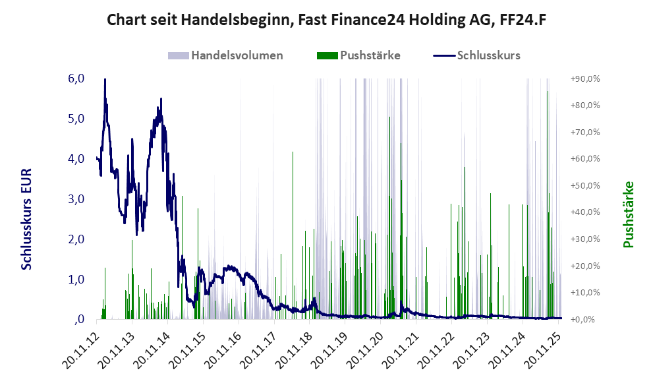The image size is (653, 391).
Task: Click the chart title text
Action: coord(327,20)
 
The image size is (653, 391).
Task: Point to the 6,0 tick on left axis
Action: coord(76,78)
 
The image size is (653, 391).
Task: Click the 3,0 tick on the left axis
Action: coord(76,199)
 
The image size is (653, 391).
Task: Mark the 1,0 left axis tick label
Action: coord(76,280)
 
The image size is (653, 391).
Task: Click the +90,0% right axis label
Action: coord(584,78)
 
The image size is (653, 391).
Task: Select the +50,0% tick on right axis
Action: coord(584,185)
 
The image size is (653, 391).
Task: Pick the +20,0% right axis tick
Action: coord(584,266)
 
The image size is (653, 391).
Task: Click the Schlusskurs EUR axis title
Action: coord(27,218)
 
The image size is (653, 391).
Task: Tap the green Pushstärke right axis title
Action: coord(628,214)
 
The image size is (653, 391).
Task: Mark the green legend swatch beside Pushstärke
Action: coord(327,55)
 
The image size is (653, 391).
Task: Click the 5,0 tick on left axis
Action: coord(76,119)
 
